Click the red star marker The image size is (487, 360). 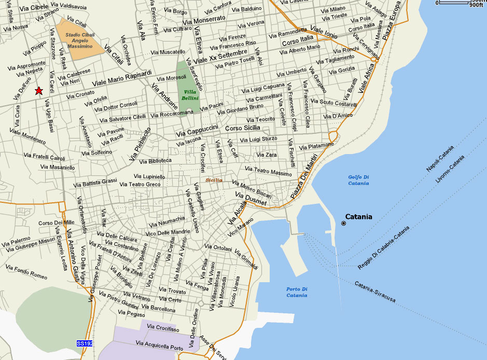coord(38,91)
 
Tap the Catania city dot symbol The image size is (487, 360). coord(343,223)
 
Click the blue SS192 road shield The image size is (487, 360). coord(84,343)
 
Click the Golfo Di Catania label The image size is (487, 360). coord(358,180)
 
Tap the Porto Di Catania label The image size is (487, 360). coord(297,292)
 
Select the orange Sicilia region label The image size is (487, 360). coord(214,180)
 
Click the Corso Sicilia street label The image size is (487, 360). coord(242,128)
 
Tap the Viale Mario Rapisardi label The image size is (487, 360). coord(122,78)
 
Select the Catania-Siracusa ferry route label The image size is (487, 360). coord(375,292)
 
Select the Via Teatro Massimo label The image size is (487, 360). coord(268,171)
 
